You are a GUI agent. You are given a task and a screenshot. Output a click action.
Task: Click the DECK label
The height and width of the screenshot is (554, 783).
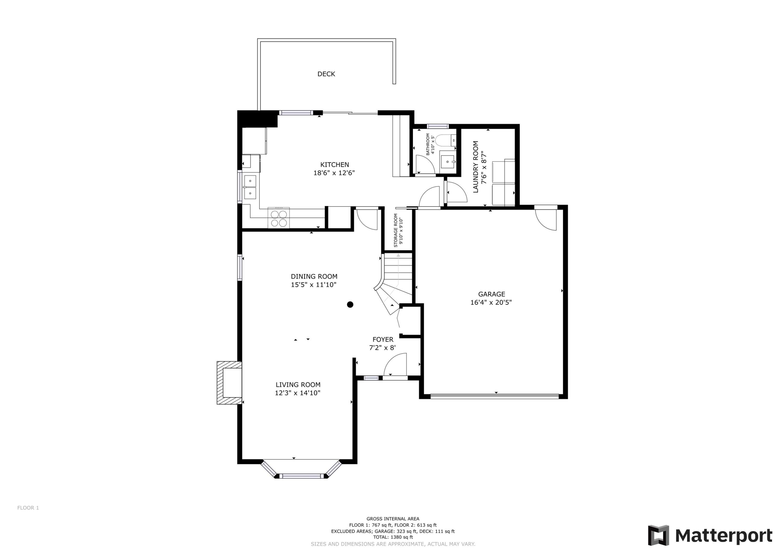[326, 74]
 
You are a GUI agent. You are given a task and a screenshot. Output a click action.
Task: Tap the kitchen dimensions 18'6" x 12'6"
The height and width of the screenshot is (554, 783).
[334, 173]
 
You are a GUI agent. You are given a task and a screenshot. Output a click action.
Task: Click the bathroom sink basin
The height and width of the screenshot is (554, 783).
[447, 162]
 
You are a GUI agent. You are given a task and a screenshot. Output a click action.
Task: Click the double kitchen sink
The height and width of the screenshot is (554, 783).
[250, 187]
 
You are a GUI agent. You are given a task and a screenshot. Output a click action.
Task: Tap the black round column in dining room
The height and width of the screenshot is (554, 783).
[350, 305]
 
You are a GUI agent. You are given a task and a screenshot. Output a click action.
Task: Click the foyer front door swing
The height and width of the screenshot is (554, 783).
[396, 365]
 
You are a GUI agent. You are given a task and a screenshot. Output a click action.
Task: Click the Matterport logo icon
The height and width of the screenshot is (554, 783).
[658, 535]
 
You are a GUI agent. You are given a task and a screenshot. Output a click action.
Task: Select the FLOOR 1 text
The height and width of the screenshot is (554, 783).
[28, 508]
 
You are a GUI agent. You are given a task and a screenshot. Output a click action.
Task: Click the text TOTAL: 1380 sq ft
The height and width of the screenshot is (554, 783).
[393, 537]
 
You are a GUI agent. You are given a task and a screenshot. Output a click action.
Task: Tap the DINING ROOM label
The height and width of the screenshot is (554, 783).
[314, 277]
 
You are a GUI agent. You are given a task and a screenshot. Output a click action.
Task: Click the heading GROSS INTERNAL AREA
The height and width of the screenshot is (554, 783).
[393, 519]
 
